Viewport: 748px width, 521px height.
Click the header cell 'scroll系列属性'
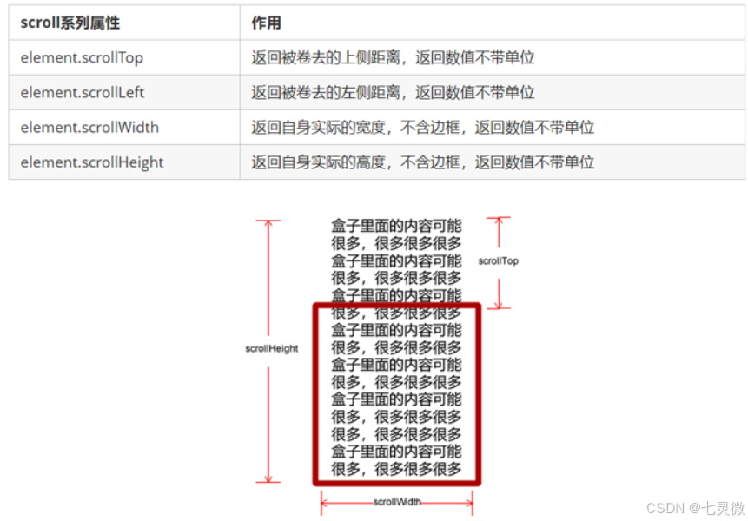[x=70, y=23]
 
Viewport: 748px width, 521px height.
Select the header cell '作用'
[x=266, y=23]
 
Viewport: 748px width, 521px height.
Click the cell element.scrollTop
[x=82, y=58]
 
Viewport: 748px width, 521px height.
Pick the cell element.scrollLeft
[x=83, y=93]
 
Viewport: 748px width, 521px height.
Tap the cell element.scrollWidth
[x=89, y=128]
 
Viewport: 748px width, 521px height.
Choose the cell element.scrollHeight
[x=92, y=162]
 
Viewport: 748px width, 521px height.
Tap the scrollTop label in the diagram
[x=498, y=260]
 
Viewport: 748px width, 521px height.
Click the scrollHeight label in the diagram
[x=271, y=348]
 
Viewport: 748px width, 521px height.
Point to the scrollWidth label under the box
[x=397, y=502]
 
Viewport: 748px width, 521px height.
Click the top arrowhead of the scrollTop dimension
[x=499, y=221]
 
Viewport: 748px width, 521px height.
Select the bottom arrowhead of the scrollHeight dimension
[x=268, y=478]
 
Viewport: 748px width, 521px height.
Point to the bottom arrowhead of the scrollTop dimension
[x=499, y=305]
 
